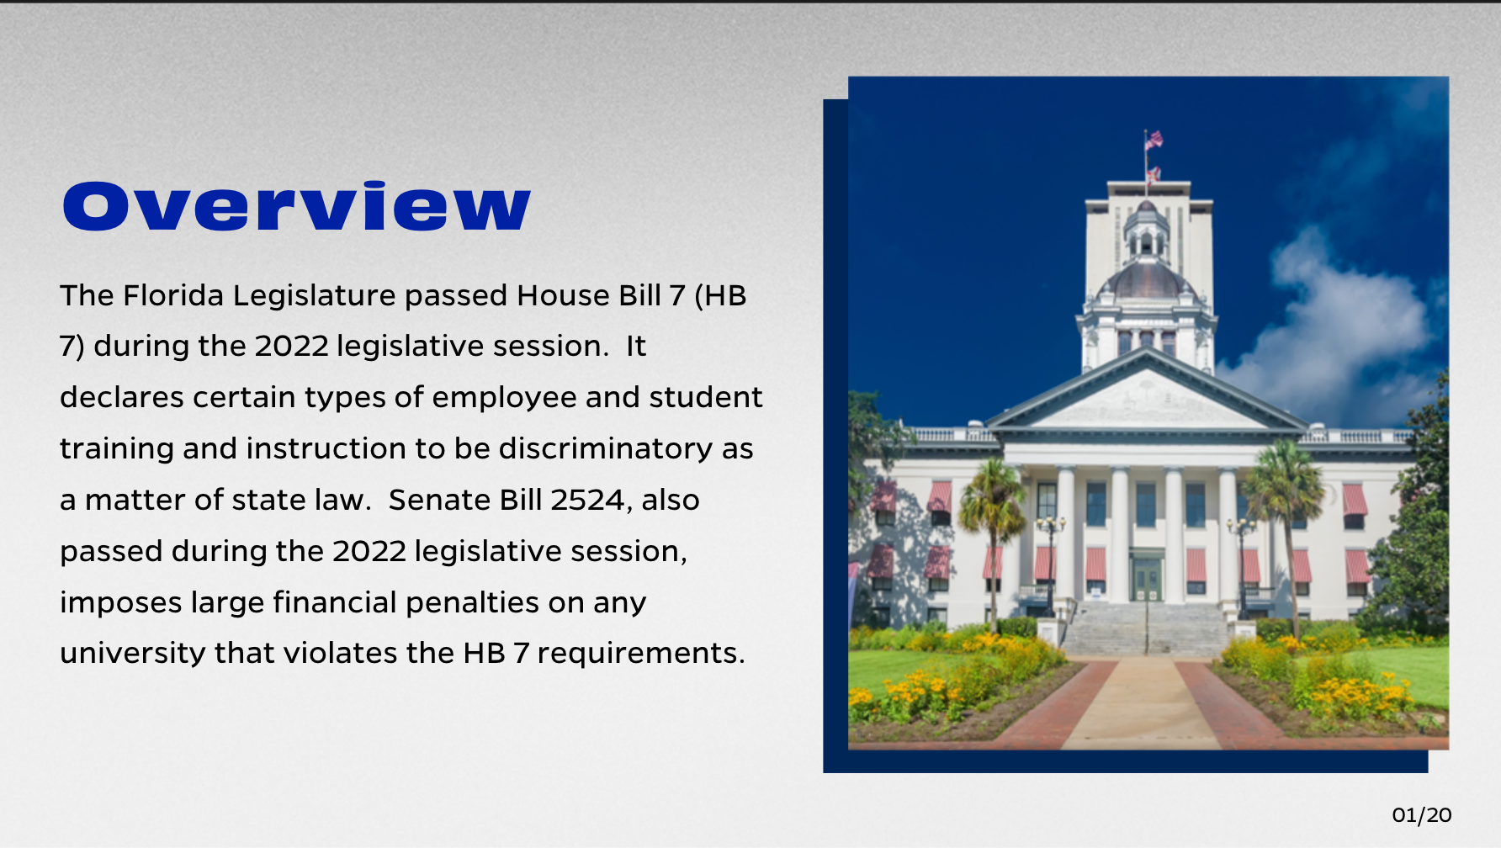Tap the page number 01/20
pos(1422,814)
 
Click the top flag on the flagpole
pos(1154,140)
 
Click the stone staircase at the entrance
pos(1146,628)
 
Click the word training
pos(117,448)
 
